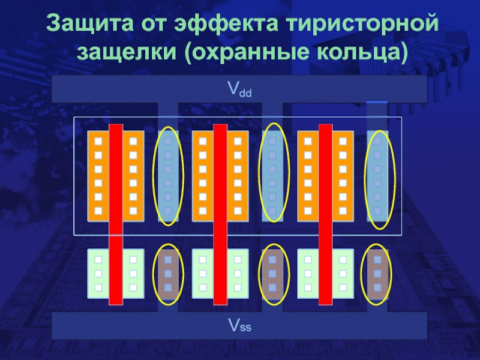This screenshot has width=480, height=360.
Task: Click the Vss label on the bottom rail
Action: [239, 326]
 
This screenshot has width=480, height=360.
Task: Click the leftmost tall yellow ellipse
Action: [167, 176]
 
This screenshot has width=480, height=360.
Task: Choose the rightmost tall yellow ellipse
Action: [377, 176]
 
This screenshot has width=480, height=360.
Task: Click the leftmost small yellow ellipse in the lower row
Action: [168, 273]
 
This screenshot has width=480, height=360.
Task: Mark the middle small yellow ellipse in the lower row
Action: [272, 273]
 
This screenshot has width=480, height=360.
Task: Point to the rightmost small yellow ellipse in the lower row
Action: [377, 273]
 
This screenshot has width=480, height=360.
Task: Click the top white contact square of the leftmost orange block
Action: [98, 142]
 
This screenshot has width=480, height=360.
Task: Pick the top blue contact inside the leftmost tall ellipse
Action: [168, 142]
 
